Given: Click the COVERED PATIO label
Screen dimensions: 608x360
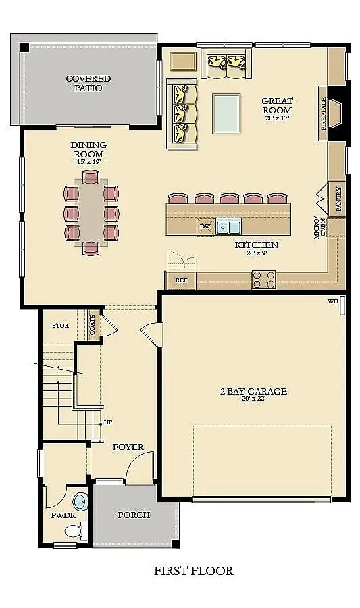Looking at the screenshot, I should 88,83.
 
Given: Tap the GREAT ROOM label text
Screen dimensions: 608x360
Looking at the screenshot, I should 277,105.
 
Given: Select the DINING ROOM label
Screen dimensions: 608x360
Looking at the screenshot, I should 88,149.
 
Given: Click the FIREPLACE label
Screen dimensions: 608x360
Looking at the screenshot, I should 324,113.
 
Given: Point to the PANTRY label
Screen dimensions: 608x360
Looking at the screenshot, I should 338,201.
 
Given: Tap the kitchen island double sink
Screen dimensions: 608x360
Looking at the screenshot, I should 229,227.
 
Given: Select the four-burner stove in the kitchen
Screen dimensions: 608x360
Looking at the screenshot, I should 263,279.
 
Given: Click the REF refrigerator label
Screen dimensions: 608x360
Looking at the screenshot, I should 181,280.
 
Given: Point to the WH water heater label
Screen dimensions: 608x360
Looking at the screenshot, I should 332,301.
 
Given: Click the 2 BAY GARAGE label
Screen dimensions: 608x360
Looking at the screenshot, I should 253,391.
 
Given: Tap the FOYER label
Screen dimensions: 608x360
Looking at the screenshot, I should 127,447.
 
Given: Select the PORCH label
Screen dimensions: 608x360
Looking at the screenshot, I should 134,515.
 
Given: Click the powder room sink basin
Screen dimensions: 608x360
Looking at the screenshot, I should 80,502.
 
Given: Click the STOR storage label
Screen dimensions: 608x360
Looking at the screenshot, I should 61,326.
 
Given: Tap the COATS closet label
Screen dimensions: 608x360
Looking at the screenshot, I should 93,325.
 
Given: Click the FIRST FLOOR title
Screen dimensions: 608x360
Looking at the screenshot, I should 194,571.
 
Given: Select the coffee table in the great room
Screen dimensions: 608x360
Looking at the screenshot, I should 227,113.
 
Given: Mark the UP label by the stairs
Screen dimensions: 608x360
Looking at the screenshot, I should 107,422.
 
